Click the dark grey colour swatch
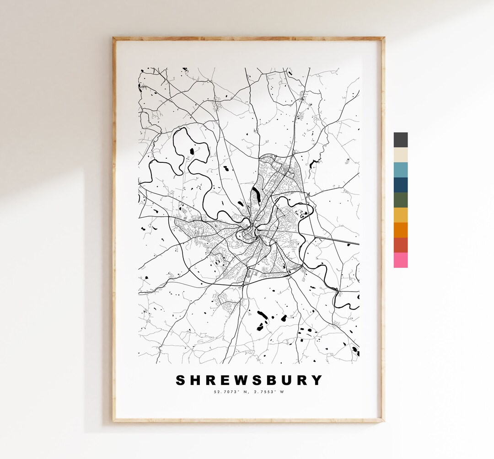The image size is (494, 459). (400, 140)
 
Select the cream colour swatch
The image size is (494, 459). (400, 155)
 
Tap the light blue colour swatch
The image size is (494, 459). (400, 170)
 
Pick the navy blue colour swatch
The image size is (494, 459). (400, 185)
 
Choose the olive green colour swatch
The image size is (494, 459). (400, 200)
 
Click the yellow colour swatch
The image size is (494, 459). (400, 215)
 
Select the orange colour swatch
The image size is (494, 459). (400, 230)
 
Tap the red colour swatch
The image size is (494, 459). (400, 245)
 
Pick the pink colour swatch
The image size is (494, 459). (400, 260)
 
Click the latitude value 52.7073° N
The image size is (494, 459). (230, 391)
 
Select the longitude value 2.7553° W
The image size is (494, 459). (268, 391)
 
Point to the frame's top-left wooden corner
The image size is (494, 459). (115, 39)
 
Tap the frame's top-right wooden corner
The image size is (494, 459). (382, 39)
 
